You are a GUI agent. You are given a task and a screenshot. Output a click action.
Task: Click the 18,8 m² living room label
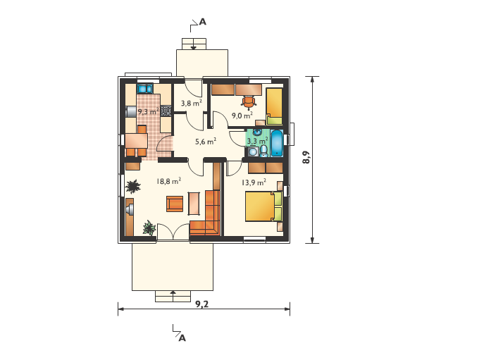(x=169, y=181)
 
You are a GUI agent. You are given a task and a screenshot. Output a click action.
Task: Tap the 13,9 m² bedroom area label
(x=254, y=182)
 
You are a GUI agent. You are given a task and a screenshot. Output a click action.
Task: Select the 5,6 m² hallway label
(x=206, y=141)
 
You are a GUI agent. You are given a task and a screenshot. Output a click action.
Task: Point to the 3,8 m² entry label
(x=191, y=103)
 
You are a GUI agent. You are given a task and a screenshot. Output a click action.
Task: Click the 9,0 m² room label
(x=242, y=116)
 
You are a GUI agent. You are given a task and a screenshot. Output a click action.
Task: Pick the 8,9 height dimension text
(x=306, y=157)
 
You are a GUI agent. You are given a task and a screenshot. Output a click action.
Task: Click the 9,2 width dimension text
(x=202, y=304)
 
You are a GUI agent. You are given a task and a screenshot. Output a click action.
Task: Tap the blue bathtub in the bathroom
(x=277, y=143)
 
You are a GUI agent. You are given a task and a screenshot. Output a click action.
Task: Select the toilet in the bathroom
(x=263, y=151)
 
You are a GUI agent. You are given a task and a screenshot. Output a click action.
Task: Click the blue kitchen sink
(x=144, y=89)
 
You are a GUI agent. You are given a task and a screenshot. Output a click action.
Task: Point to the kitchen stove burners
(x=166, y=111)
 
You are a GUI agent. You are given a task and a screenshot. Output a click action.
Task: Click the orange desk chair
(x=249, y=102)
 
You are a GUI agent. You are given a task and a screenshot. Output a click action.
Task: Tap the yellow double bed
(x=263, y=206)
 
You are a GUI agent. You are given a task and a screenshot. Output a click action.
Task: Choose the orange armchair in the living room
(x=175, y=204)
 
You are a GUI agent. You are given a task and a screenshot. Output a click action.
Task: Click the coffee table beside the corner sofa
(x=194, y=204)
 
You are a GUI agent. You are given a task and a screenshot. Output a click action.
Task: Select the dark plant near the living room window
(x=132, y=187)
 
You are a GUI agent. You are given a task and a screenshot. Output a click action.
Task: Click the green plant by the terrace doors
(x=149, y=228)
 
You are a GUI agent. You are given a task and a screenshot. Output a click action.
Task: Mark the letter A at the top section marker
(x=202, y=22)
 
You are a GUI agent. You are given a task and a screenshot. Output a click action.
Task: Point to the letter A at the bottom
(x=182, y=338)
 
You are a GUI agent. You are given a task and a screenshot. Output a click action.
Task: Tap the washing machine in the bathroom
(x=253, y=151)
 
